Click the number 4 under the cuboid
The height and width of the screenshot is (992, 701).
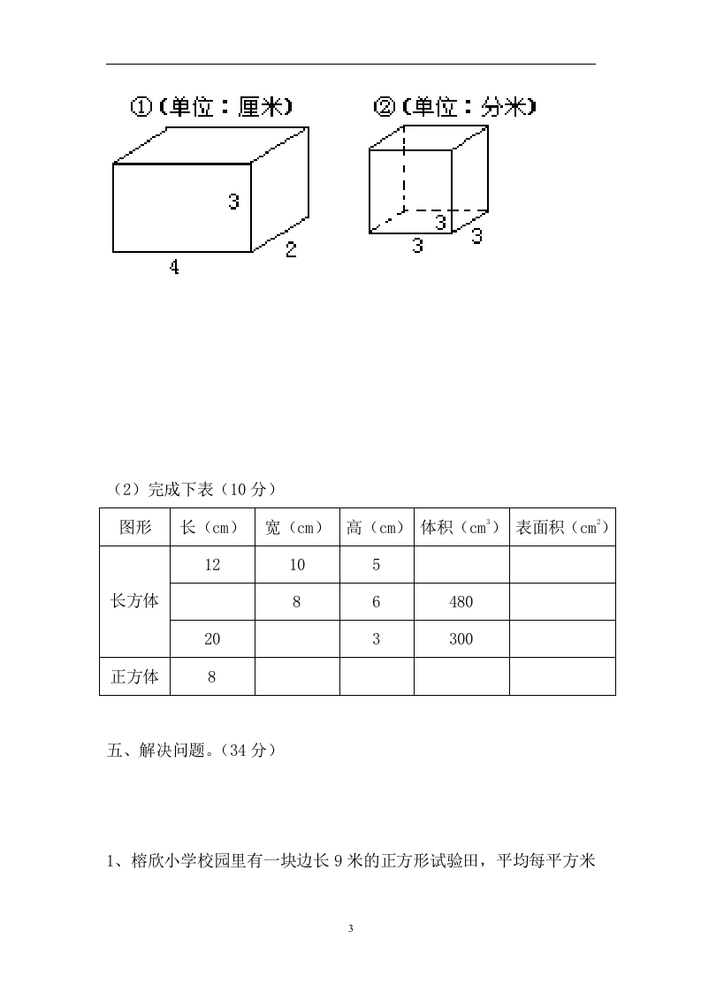click(x=174, y=267)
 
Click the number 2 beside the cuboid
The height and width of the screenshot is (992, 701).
click(x=291, y=248)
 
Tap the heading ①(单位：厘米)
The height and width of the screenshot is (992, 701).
click(x=211, y=106)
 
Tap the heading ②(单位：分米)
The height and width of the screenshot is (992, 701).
click(x=454, y=106)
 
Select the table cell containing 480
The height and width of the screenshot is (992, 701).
click(x=461, y=601)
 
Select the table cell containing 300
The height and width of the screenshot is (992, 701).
click(x=461, y=639)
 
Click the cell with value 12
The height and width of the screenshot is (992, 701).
click(x=212, y=564)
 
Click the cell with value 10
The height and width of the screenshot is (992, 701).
click(x=297, y=564)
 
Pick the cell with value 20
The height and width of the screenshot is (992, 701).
click(x=212, y=639)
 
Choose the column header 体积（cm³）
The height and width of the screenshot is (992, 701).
click(x=461, y=527)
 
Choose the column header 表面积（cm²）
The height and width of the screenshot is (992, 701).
click(x=562, y=527)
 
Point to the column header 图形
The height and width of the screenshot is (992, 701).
click(x=134, y=527)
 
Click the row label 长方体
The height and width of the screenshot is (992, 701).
click(x=134, y=601)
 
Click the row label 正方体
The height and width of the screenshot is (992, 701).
click(x=134, y=676)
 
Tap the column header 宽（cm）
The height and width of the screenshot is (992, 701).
click(x=297, y=527)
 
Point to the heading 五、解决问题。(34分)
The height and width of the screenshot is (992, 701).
click(x=192, y=751)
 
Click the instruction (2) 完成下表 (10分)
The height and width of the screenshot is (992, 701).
click(x=194, y=489)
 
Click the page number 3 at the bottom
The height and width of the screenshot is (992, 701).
click(x=350, y=928)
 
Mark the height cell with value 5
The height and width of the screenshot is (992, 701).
click(x=377, y=564)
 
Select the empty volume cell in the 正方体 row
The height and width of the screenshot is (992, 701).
click(x=461, y=676)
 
